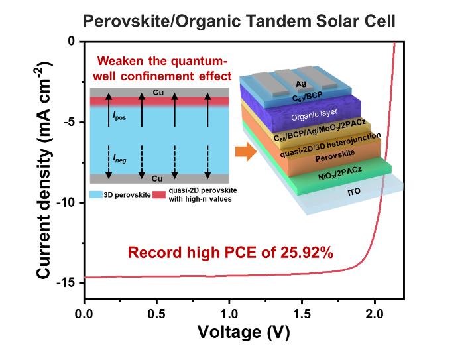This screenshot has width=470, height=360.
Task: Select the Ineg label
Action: [x=119, y=158]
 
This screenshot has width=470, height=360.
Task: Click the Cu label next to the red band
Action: [x=158, y=92]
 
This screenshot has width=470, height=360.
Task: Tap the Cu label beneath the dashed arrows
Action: [x=158, y=178]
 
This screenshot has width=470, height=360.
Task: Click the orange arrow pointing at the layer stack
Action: [x=246, y=152]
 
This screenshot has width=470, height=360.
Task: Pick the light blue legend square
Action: [x=96, y=195]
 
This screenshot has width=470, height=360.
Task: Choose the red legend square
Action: [x=159, y=195]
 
